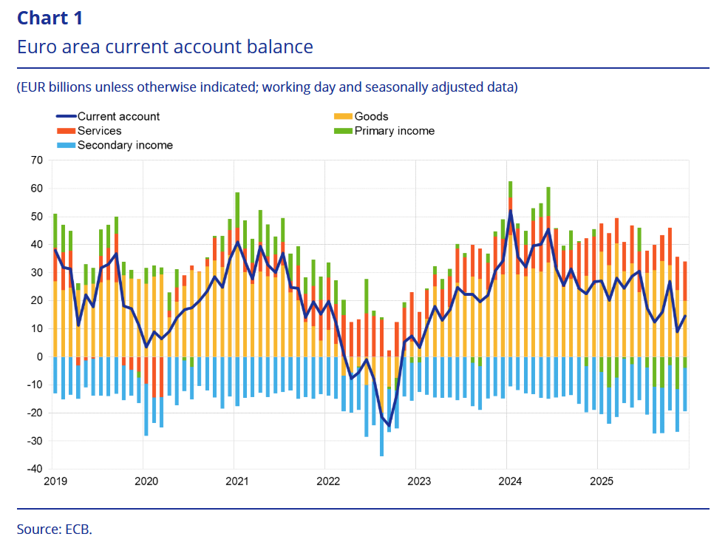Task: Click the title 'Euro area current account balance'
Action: click(165, 47)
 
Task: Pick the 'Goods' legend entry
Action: click(371, 116)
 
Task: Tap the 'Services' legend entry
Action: click(99, 131)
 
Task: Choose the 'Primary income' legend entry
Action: click(394, 131)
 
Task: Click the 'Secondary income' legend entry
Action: click(125, 145)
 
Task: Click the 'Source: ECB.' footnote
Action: click(55, 529)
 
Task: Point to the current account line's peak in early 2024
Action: click(510, 211)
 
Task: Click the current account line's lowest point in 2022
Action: click(389, 426)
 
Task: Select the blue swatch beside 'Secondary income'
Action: click(65, 145)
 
